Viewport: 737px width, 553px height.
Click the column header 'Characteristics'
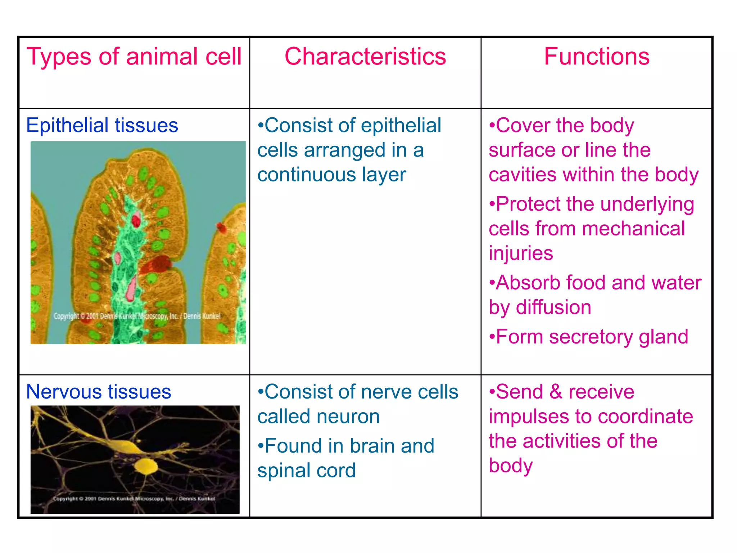(x=365, y=57)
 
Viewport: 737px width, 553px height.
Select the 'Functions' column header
(x=596, y=57)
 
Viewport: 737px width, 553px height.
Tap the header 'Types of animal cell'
(x=134, y=57)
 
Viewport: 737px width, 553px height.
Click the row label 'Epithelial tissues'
(x=102, y=125)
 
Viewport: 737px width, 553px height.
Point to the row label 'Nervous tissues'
(x=99, y=392)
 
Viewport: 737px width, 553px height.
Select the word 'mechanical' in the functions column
(x=633, y=229)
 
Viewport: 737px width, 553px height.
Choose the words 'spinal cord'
(x=306, y=471)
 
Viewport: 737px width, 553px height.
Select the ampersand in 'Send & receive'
(x=556, y=392)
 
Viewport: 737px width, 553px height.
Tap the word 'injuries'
(x=520, y=253)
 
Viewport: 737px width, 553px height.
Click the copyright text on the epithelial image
(x=137, y=316)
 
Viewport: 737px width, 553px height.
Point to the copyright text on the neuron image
(x=134, y=499)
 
